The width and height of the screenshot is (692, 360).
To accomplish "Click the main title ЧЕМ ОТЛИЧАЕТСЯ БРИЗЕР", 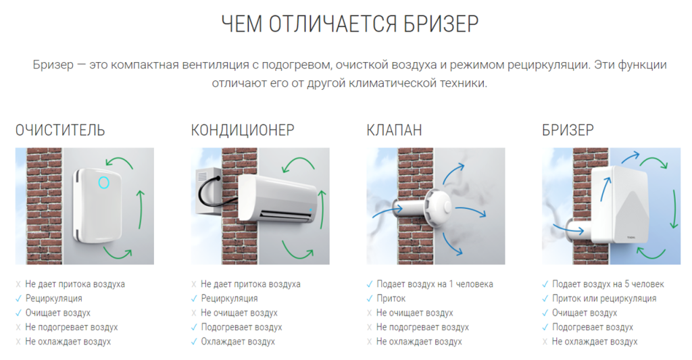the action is click(350, 24).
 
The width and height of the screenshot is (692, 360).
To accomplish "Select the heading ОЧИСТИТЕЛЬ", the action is click(60, 130).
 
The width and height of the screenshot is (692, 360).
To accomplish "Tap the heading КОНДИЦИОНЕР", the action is click(243, 130).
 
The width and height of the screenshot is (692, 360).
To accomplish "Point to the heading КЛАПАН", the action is click(394, 130).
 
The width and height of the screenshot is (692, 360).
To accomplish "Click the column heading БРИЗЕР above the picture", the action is click(568, 130).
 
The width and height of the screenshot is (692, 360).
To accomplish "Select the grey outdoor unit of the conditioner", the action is click(208, 192).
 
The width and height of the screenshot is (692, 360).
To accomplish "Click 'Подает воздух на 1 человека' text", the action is click(435, 284).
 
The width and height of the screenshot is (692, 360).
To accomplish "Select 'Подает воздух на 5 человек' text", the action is click(608, 284).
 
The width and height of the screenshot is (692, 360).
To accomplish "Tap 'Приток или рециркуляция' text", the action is click(604, 299).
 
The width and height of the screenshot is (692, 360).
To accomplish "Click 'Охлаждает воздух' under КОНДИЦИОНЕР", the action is click(238, 342).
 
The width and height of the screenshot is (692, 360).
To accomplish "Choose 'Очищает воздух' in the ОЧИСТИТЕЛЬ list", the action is click(58, 313).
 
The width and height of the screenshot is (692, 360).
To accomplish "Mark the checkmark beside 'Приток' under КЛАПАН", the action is click(370, 299).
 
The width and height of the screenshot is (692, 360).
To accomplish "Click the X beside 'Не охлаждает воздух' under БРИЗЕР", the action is click(545, 342).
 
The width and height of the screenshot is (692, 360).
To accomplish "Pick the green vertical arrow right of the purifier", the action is click(141, 209).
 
